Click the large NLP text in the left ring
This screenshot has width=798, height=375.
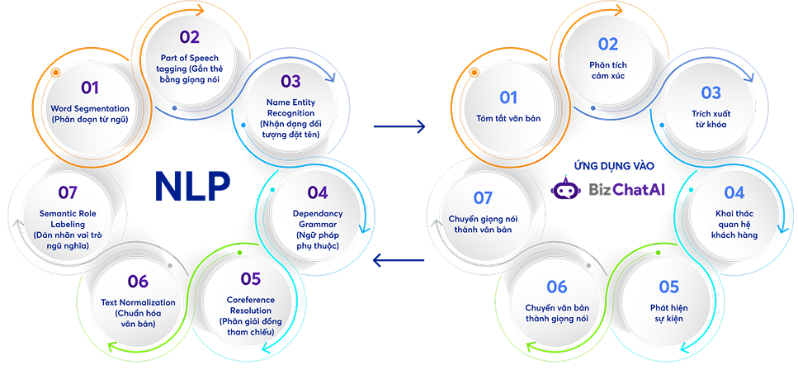click(192, 187)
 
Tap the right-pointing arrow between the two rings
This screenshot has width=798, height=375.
click(399, 126)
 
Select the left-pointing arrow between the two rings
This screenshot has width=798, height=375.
click(399, 260)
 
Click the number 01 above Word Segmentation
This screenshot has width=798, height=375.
click(90, 88)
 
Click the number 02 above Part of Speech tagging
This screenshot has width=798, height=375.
click(190, 36)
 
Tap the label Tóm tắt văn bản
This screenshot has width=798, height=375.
click(508, 118)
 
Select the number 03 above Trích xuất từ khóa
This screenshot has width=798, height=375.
click(711, 93)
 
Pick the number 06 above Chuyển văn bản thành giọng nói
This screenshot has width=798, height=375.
click(557, 287)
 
